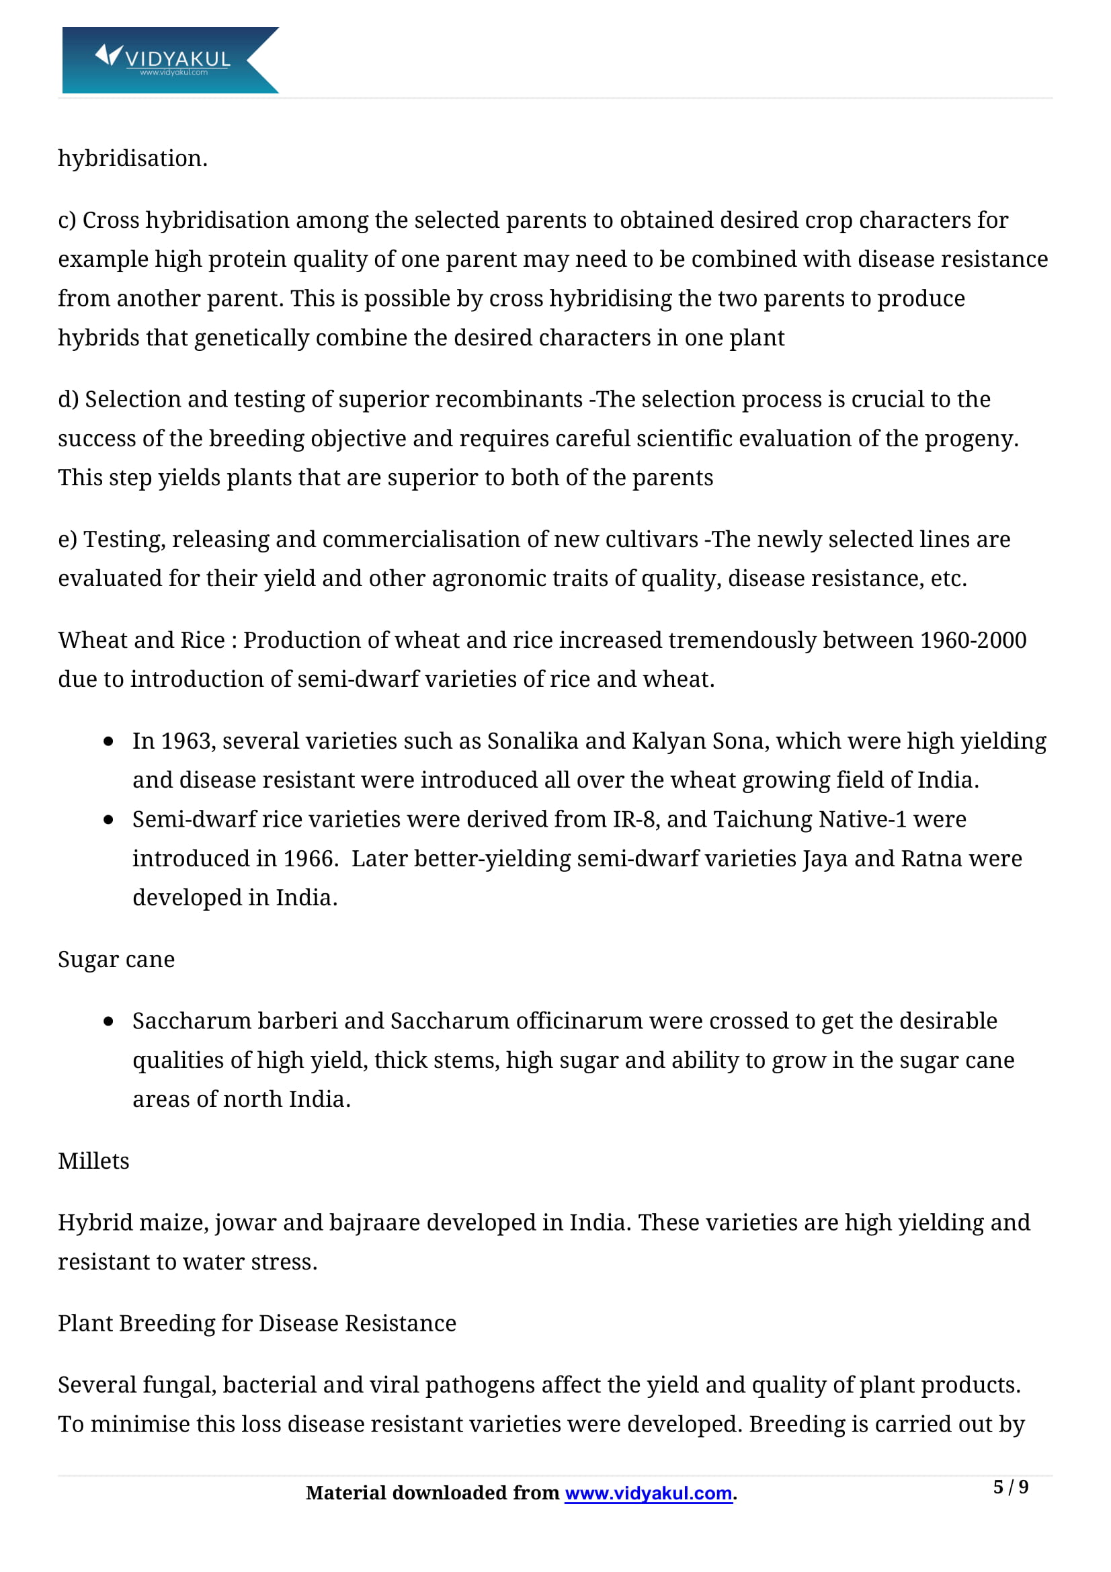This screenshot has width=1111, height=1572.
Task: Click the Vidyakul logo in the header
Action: click(x=170, y=60)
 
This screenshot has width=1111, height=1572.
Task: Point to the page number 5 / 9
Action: click(x=1010, y=1487)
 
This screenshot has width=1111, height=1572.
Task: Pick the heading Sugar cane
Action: click(x=116, y=959)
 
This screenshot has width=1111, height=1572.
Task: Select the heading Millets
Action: click(x=94, y=1161)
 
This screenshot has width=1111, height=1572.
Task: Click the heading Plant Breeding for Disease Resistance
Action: click(x=257, y=1323)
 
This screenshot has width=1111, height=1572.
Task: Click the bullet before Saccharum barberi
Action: click(x=108, y=1022)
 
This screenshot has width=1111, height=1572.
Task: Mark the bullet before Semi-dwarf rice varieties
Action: click(x=108, y=820)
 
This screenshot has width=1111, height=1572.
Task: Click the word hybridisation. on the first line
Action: click(x=133, y=158)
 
